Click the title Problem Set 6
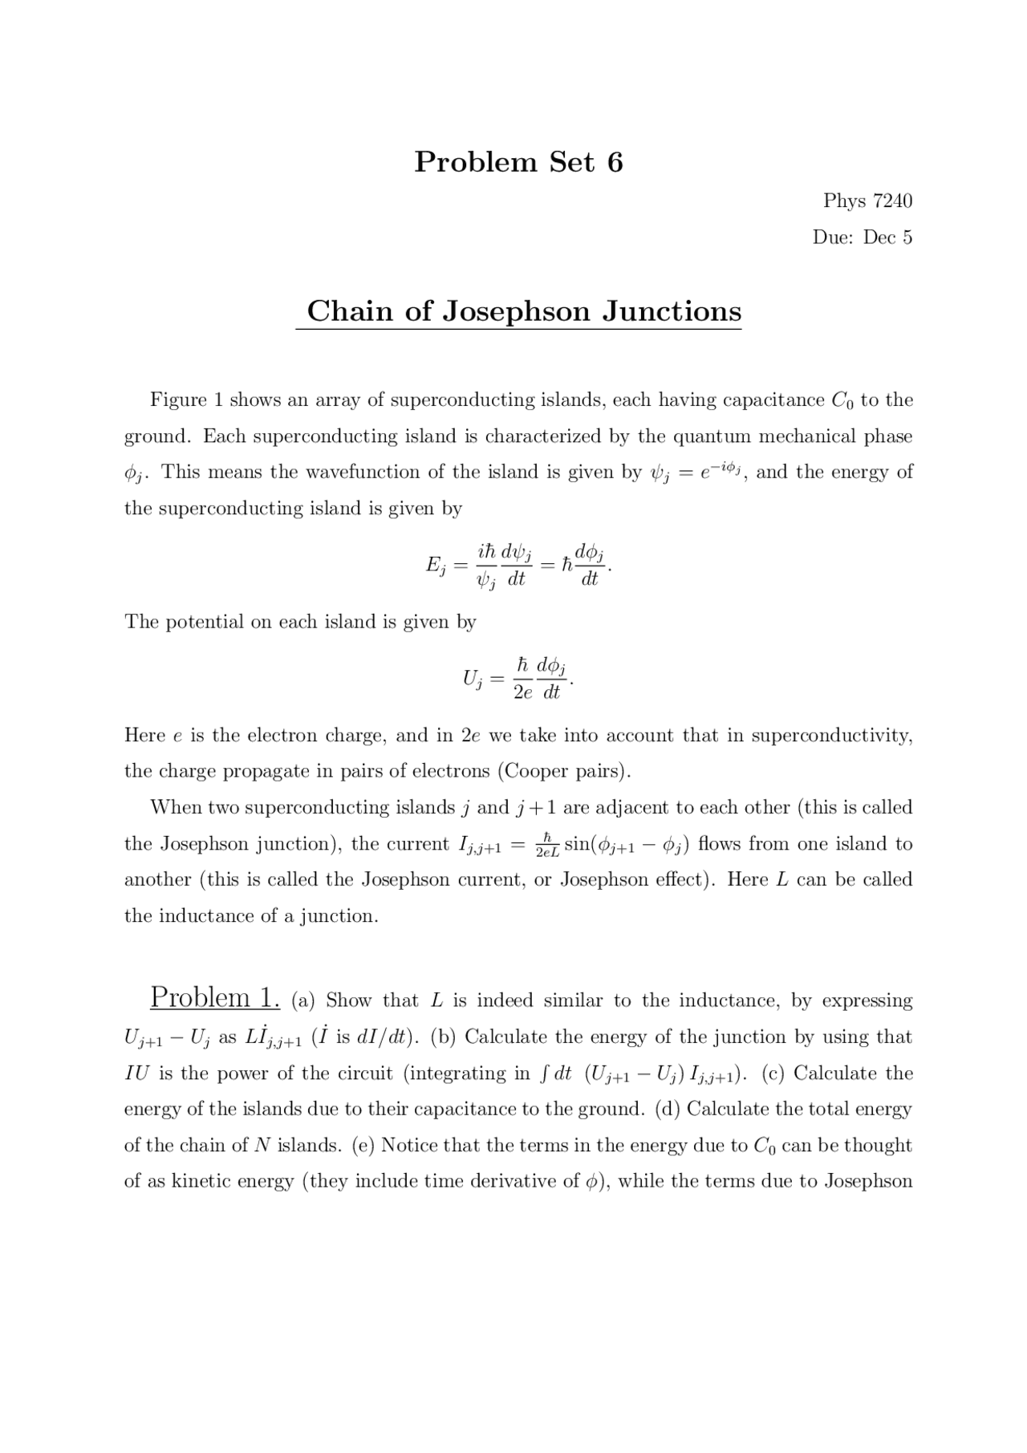click(x=518, y=162)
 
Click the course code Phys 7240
click(x=867, y=201)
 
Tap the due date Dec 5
click(x=887, y=237)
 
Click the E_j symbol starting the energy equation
click(x=435, y=566)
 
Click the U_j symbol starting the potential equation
click(x=472, y=679)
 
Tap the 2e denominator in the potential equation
click(x=522, y=692)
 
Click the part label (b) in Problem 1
click(x=443, y=1037)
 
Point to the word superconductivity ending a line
click(x=831, y=736)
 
